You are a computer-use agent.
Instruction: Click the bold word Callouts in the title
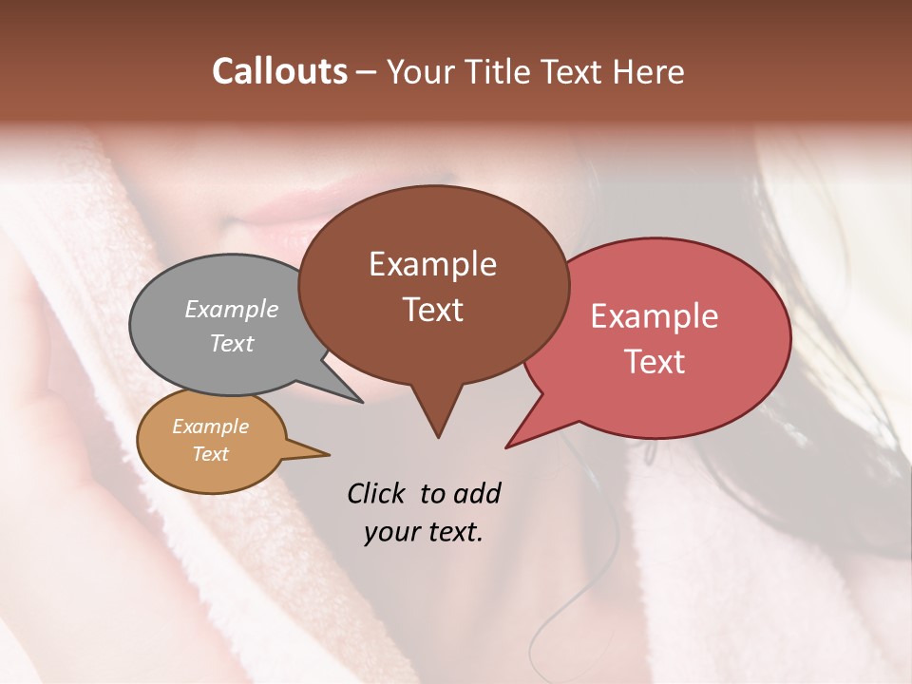click(280, 71)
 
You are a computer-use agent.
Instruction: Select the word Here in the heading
click(648, 71)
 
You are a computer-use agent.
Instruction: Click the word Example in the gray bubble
click(232, 309)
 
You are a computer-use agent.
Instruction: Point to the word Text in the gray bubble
click(232, 343)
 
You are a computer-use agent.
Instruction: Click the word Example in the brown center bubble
click(432, 264)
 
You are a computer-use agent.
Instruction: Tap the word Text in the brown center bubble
click(432, 310)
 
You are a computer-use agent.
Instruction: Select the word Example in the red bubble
click(655, 316)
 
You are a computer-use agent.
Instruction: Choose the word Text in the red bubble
click(655, 362)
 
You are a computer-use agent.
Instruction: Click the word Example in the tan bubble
click(210, 427)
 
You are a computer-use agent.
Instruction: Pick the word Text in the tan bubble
click(210, 454)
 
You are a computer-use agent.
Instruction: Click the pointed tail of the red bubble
click(510, 444)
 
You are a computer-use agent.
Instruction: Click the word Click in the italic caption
click(377, 493)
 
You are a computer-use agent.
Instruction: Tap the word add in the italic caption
click(476, 493)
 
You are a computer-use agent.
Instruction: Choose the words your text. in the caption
click(423, 532)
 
